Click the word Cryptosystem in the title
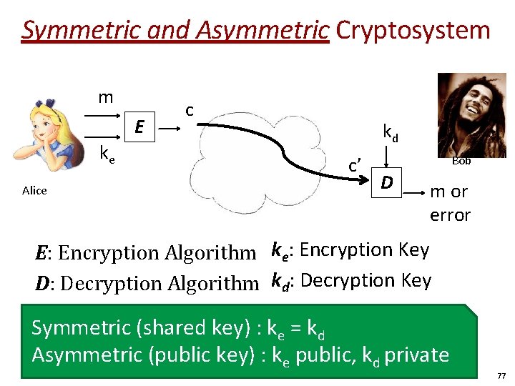(413, 30)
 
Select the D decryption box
(386, 184)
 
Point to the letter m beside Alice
(105, 97)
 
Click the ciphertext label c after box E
(190, 110)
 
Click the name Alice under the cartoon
(34, 191)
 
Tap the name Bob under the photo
(461, 161)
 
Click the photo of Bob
(471, 114)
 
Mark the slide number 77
(501, 375)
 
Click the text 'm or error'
(449, 203)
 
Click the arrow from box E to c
(169, 129)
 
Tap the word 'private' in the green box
(416, 355)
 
